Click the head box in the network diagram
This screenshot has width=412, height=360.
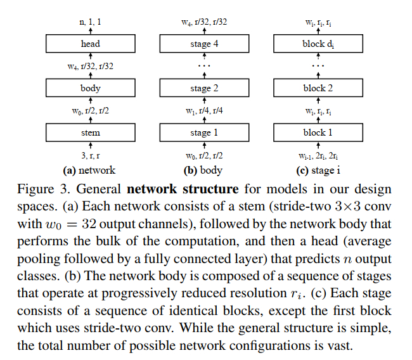[91, 44]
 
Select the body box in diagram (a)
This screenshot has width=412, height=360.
[91, 88]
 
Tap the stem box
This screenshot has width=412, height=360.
[91, 132]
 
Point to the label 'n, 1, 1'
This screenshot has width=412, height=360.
[91, 22]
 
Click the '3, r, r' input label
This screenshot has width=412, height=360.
[91, 155]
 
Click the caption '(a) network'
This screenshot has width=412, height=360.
[89, 170]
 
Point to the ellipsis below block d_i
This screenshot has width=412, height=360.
[319, 65]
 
